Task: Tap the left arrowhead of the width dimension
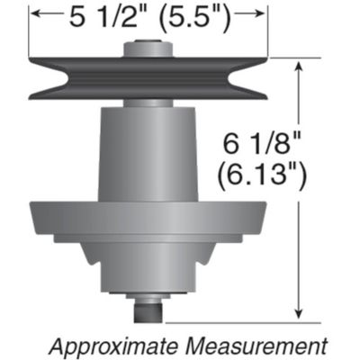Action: [35, 14]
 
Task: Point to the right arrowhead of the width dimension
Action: [263, 14]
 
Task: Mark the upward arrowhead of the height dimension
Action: [299, 65]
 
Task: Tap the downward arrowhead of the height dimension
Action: [299, 314]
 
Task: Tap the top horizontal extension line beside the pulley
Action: [292, 58]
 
